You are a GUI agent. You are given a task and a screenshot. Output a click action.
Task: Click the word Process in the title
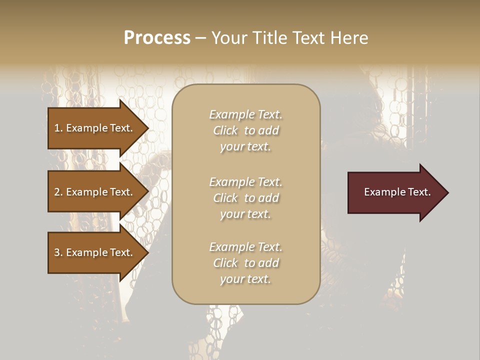click(x=157, y=38)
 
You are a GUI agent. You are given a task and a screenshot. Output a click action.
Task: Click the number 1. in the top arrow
click(x=58, y=128)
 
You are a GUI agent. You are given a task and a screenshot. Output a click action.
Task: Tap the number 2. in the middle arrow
click(x=58, y=192)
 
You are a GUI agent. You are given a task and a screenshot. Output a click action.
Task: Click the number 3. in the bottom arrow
click(x=58, y=252)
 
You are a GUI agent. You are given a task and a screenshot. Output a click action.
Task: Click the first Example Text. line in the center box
click(x=245, y=114)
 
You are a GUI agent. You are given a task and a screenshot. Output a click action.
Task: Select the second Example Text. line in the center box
click(x=245, y=181)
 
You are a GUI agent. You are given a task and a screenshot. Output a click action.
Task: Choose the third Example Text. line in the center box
click(x=245, y=247)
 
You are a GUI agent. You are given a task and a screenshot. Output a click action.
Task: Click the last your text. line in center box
click(x=245, y=279)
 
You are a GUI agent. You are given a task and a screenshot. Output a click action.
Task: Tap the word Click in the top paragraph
click(x=225, y=130)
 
